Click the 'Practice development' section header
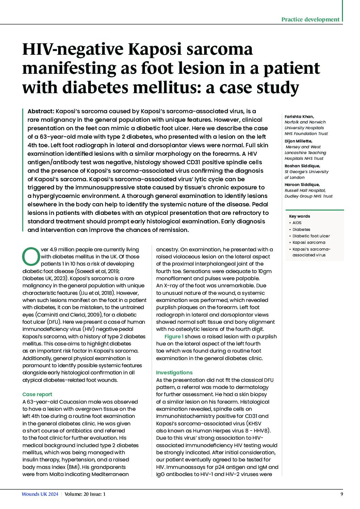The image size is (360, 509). (310, 19)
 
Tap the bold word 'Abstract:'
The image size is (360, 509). (40, 111)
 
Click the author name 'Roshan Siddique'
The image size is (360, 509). (302, 166)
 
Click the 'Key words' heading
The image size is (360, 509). (299, 216)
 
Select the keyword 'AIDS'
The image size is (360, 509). (297, 223)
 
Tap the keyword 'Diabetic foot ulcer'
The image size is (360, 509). (311, 236)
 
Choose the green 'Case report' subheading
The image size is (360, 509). (37, 394)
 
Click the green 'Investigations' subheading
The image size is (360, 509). (174, 373)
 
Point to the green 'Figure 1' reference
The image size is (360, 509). (174, 337)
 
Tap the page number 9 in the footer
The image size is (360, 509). (342, 494)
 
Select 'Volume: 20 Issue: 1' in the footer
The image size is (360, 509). (85, 494)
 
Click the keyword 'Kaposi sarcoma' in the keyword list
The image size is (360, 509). (309, 242)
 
